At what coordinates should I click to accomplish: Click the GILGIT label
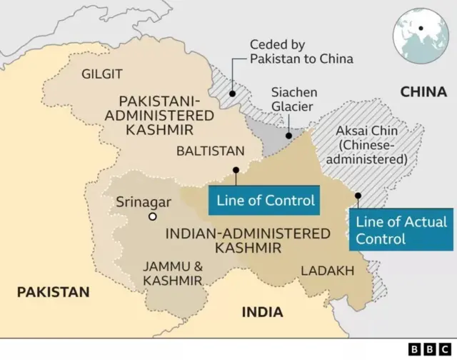point(102,74)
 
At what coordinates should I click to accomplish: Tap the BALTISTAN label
point(210,151)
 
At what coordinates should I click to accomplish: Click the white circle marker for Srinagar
point(152,217)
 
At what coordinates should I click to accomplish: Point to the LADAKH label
point(327,271)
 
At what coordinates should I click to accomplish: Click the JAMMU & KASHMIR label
point(172,274)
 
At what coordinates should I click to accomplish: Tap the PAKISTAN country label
point(54,292)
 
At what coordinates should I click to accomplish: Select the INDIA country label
point(262,312)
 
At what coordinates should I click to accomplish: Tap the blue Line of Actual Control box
point(401,229)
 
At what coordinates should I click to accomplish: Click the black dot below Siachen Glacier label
point(288,135)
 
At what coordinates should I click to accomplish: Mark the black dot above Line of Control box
point(236,170)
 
